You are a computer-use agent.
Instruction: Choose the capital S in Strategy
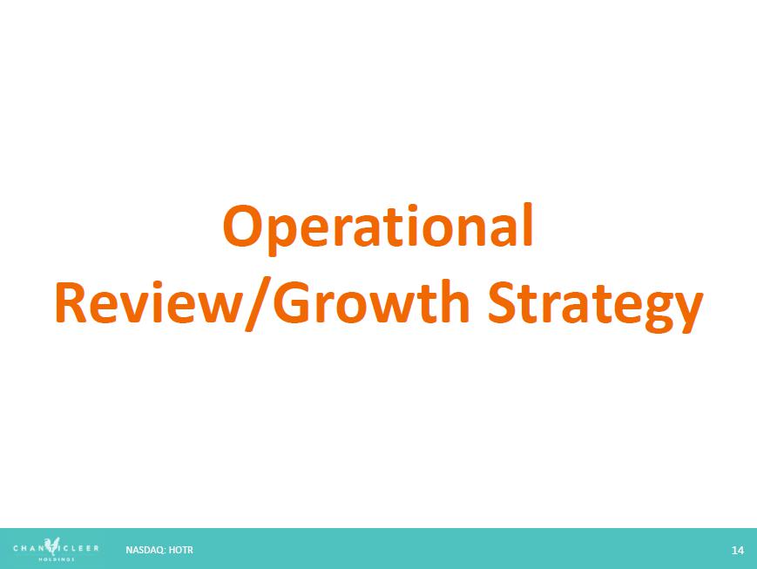(503, 301)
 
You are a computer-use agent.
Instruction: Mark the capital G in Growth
(292, 302)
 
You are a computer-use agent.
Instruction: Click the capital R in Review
(71, 303)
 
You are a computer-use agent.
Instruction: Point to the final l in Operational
(529, 224)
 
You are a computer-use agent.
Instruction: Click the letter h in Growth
(453, 301)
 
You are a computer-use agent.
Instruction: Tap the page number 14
(737, 550)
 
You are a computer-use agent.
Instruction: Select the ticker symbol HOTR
(181, 550)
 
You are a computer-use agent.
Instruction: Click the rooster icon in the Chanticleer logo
(51, 546)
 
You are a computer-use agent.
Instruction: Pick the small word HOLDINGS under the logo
(57, 559)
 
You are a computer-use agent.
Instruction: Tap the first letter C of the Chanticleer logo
(16, 548)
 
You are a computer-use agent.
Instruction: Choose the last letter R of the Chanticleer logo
(96, 548)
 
